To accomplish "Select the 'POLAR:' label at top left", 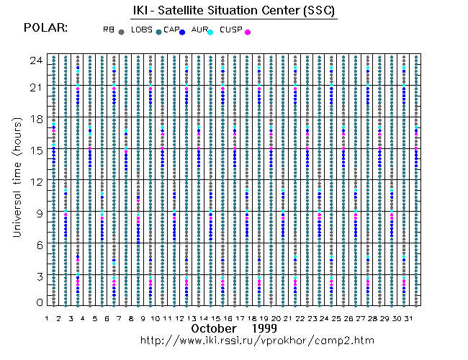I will pyautogui.click(x=45, y=28).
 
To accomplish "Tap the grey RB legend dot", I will pyautogui.click(x=121, y=32).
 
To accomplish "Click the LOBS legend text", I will pyautogui.click(x=141, y=29).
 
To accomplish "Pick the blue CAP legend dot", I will pyautogui.click(x=183, y=32).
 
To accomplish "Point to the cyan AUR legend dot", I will pyautogui.click(x=210, y=32).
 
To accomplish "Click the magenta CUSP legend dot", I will pyautogui.click(x=248, y=32).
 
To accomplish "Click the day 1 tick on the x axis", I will pyautogui.click(x=46, y=318).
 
